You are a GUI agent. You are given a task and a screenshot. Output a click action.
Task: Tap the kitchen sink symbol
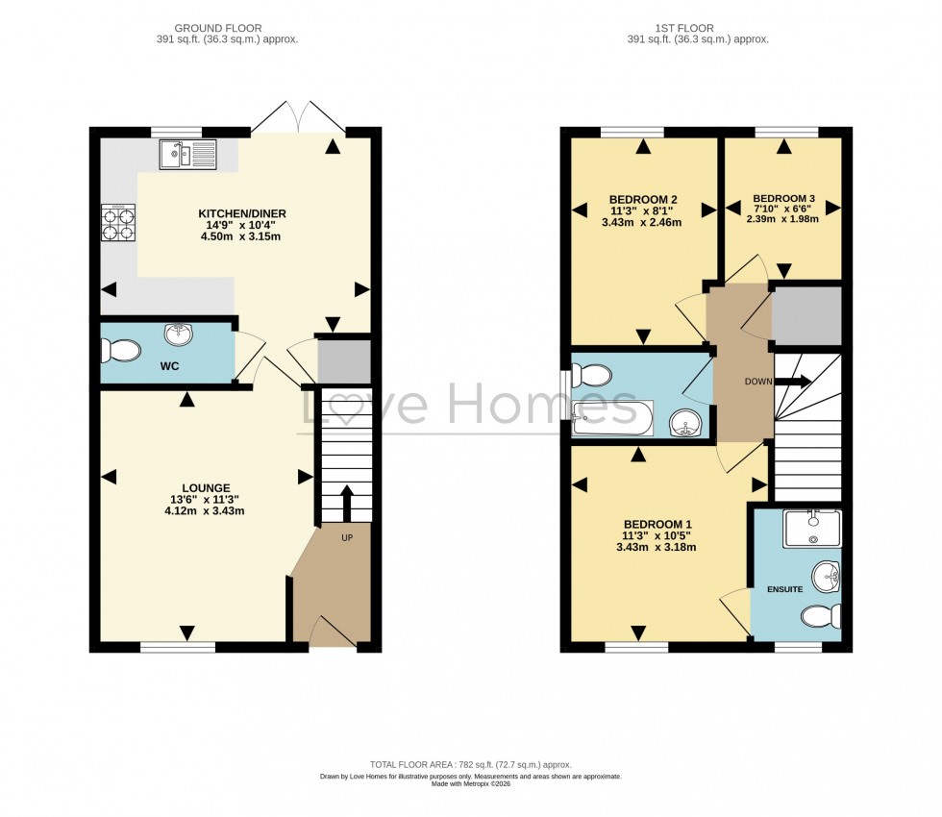point(189,154)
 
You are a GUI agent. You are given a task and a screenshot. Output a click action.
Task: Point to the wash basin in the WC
point(178,334)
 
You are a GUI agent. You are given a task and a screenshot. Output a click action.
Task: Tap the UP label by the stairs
point(347,537)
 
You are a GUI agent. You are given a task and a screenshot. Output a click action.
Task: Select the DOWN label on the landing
point(757,382)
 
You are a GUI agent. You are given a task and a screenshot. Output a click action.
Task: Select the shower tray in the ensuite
point(811,528)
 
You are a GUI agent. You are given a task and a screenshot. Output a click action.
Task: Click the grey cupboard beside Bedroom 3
point(806,315)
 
